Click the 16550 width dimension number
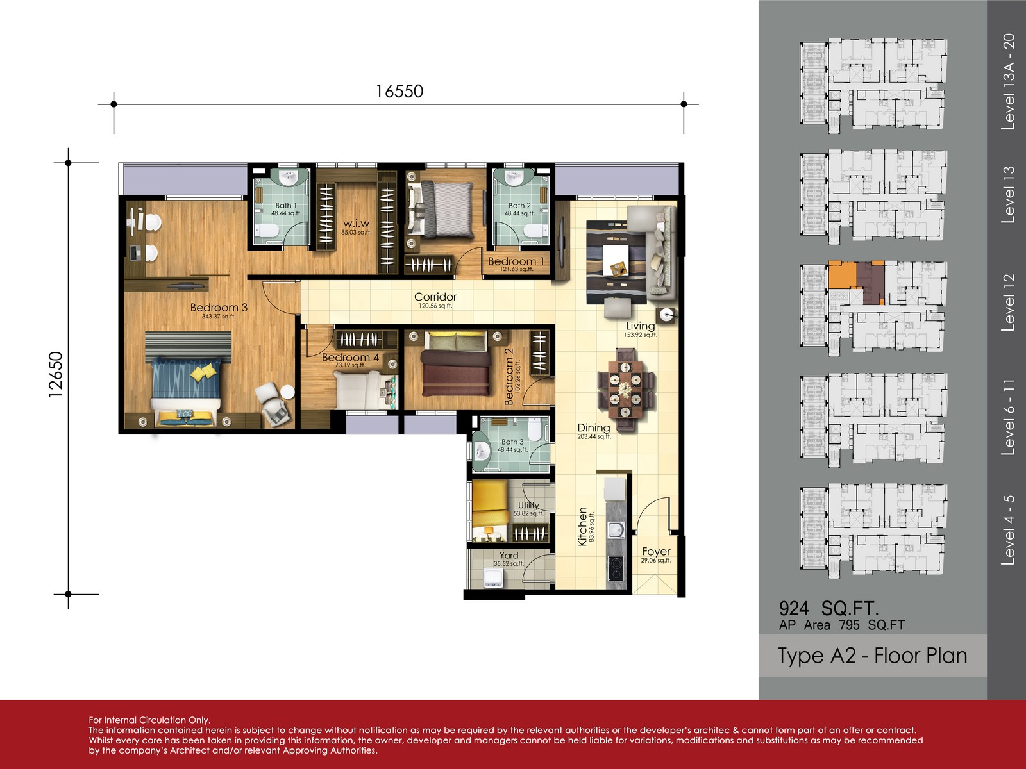[x=399, y=91]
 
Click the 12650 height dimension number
[x=56, y=374]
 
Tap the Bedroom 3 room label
[x=219, y=307]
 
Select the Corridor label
[x=435, y=297]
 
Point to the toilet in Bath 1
[x=267, y=230]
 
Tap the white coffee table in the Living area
[x=616, y=260]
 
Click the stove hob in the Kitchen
[x=616, y=568]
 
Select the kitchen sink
[x=616, y=530]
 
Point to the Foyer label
[x=656, y=551]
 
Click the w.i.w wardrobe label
[x=356, y=223]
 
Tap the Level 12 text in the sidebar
[x=1008, y=302]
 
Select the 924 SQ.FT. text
[x=828, y=608]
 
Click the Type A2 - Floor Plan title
[x=872, y=656]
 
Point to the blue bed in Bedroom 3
[x=187, y=383]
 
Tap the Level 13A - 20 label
[x=1008, y=82]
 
